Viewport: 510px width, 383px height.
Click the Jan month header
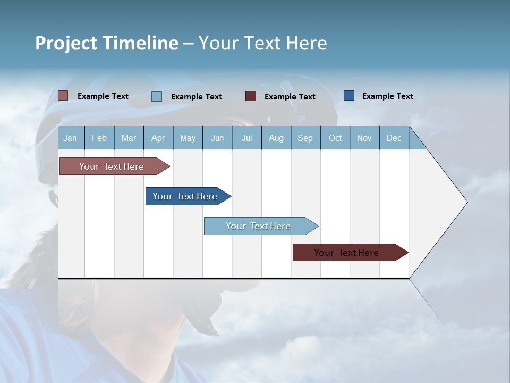(70, 138)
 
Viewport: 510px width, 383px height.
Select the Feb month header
(99, 138)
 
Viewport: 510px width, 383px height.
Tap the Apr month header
(158, 138)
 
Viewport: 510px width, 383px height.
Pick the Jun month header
(217, 138)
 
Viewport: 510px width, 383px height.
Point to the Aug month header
(276, 138)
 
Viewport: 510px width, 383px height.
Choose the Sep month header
(305, 138)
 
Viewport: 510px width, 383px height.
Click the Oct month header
(335, 138)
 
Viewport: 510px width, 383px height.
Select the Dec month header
(394, 138)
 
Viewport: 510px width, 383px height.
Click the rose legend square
(63, 96)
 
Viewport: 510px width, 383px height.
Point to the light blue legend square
(156, 96)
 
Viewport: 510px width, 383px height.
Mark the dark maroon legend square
(250, 96)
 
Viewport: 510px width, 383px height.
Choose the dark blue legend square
(348, 96)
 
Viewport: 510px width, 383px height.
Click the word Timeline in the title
(140, 43)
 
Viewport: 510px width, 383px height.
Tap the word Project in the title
(66, 43)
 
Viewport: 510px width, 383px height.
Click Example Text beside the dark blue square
(387, 96)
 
